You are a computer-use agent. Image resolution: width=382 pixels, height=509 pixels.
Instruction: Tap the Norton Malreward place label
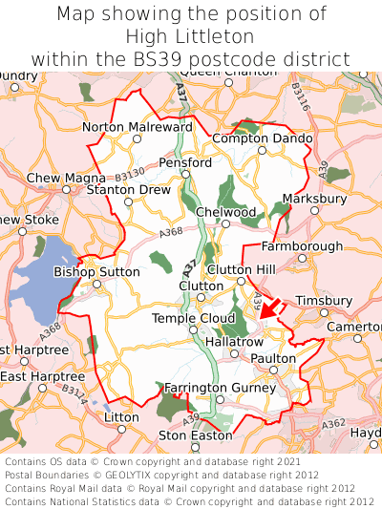point(137,126)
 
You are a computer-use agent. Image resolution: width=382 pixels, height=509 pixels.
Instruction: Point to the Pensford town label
point(185,162)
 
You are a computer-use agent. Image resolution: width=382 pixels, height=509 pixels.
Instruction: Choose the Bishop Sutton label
point(96,271)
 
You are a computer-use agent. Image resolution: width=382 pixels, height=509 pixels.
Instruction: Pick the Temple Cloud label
point(194,318)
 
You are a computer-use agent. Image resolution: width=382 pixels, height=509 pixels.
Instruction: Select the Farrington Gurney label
point(219,387)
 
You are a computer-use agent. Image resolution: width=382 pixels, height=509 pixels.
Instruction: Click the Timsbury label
point(323,300)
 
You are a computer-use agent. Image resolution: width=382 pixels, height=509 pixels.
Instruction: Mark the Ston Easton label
point(195,435)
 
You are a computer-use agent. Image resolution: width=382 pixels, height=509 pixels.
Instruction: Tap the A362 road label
point(334,423)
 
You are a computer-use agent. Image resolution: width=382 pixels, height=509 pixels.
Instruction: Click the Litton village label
point(121,417)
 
